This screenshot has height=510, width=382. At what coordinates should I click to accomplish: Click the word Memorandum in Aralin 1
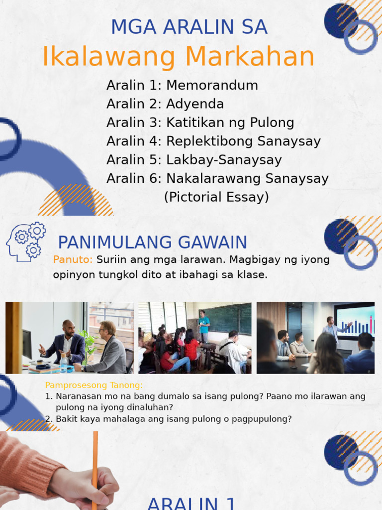(212, 85)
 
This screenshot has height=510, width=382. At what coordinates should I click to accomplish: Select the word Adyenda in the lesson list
(195, 104)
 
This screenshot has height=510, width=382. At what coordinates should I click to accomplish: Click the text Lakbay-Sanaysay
(224, 160)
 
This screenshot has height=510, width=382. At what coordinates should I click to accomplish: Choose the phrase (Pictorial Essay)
(216, 197)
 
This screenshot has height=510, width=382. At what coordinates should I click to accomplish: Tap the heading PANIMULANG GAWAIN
(152, 243)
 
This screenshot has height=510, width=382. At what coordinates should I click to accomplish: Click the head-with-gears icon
(26, 242)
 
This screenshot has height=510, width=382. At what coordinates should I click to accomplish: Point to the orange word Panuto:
(73, 259)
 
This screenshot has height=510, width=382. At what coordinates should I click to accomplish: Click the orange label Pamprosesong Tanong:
(94, 385)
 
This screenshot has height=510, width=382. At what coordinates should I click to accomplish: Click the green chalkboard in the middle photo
(226, 319)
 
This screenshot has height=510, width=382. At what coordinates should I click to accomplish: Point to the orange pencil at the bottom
(95, 468)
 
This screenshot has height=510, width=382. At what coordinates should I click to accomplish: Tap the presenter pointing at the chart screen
(332, 331)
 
